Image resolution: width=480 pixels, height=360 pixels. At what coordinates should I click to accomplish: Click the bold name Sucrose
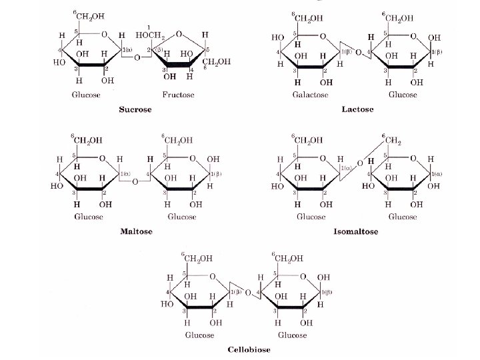135,109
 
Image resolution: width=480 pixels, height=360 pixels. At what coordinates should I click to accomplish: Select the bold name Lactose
357,109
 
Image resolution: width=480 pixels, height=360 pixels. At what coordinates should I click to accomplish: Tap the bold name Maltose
136,232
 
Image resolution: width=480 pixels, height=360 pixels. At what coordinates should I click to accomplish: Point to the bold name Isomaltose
356,232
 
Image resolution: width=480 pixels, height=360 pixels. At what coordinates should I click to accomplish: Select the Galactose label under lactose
310,95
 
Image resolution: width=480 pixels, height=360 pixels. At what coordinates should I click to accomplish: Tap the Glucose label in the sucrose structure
87,95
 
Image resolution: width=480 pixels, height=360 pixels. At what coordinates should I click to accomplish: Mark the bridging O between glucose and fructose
137,58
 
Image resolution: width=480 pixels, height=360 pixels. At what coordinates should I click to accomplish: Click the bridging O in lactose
358,51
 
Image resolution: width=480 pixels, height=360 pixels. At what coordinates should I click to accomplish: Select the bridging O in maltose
135,181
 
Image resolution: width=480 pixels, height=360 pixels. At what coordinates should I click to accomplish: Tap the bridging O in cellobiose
247,293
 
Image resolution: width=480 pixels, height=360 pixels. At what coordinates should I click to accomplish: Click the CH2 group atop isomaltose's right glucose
389,141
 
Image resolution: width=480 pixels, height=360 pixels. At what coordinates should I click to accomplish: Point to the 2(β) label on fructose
159,49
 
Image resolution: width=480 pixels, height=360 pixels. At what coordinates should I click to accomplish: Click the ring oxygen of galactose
323,36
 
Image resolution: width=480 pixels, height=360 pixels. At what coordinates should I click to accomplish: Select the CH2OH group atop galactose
309,18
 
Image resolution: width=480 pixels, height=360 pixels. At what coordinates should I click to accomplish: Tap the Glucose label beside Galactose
403,95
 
